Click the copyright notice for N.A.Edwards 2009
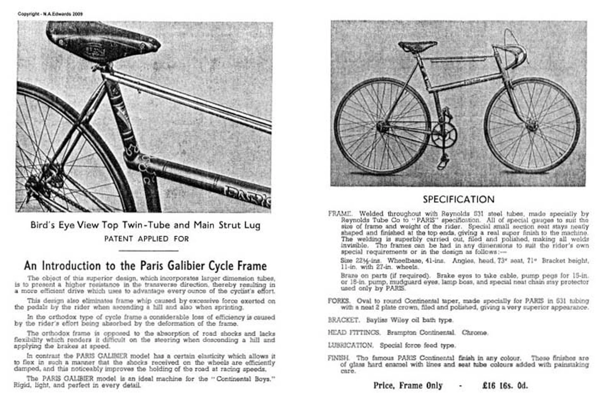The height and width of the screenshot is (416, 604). [x=50, y=14]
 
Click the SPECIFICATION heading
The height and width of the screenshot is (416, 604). [x=458, y=200]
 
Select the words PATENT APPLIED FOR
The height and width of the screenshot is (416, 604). [x=146, y=239]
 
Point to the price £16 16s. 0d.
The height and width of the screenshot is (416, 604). [x=505, y=386]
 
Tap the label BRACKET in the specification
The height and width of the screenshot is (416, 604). [x=343, y=320]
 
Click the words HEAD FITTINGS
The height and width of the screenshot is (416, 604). [x=354, y=332]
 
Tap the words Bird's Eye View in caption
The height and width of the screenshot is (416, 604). [x=65, y=225]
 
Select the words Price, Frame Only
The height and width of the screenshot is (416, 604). [x=408, y=386]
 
